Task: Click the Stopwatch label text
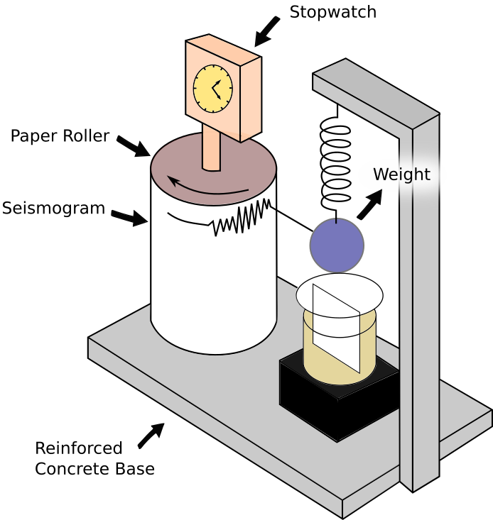coord(333,13)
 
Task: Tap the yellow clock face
coord(213,89)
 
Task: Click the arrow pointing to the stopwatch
coord(266,31)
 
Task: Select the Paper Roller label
coord(60,136)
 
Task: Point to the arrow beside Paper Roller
coord(134,146)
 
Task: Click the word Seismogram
coord(53,209)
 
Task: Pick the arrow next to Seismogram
coord(129,218)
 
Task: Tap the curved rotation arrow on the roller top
coord(208,189)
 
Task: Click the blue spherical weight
coord(337,245)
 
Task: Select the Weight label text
coord(401,174)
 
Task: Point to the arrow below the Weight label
coord(369,204)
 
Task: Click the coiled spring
coord(335,164)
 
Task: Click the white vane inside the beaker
coord(336,328)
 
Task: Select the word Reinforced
coord(79,448)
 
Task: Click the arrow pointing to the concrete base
coord(151,436)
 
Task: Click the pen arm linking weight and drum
coord(291,218)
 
